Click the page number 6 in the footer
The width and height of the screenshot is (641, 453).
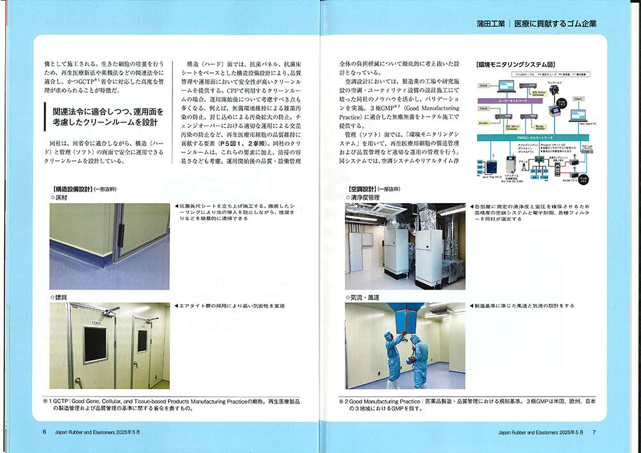[x=44, y=432]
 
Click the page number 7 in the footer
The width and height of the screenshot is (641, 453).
[x=594, y=432]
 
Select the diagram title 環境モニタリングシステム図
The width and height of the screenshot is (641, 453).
[x=515, y=65]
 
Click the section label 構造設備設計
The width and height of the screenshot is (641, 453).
[x=72, y=190]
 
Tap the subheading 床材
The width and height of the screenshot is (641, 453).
[x=61, y=198]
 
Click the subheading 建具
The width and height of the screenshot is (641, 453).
[x=61, y=298]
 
